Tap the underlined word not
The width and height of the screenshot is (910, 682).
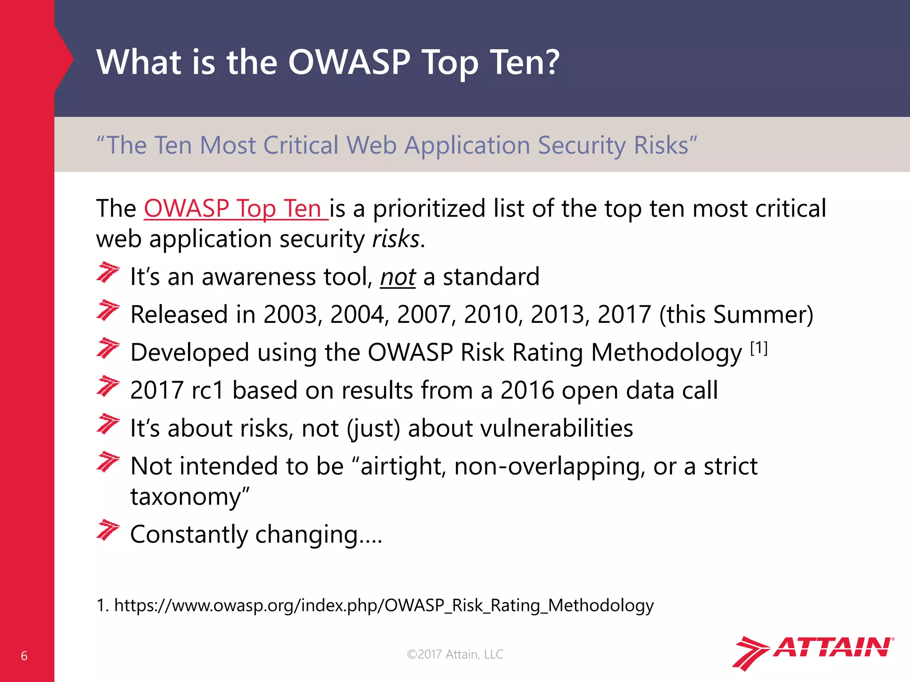(398, 277)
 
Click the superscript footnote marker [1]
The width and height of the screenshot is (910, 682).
(759, 349)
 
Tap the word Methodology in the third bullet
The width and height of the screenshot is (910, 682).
(667, 353)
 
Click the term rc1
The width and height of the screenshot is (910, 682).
(208, 391)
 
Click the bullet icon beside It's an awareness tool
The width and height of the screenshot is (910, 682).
(108, 272)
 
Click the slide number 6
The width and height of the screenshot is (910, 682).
(24, 656)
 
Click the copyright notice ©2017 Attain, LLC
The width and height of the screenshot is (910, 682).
(455, 654)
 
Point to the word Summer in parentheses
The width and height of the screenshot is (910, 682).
(758, 315)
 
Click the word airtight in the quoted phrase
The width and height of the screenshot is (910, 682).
(403, 467)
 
